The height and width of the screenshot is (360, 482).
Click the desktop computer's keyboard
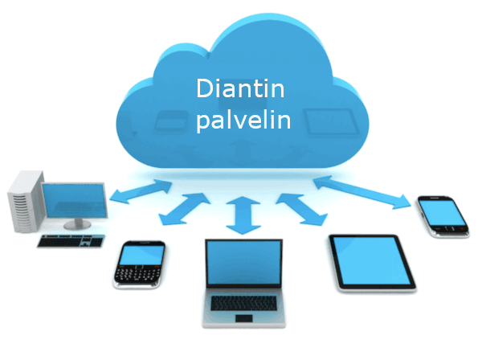(71, 239)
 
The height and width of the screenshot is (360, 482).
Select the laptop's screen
(242, 264)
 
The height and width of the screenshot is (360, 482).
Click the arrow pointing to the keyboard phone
(183, 209)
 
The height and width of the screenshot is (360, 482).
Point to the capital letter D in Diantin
(204, 89)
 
